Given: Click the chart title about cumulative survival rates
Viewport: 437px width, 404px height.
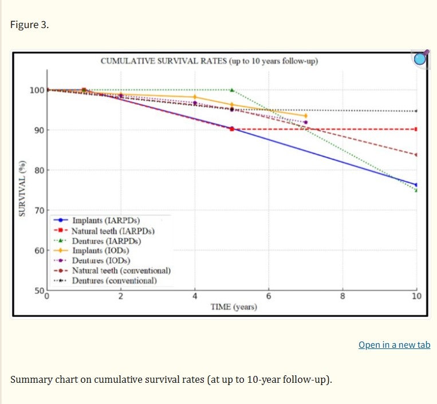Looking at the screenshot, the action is click(209, 61).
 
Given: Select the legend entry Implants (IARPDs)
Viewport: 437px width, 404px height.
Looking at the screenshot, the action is click(97, 220).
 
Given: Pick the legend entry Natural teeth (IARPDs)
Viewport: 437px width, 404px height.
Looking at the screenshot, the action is click(104, 231).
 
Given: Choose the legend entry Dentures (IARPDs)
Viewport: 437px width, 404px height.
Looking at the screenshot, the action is click(97, 241).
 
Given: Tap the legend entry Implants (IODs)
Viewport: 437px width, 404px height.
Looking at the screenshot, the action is click(92, 250).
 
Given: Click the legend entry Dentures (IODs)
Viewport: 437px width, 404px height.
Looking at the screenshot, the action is click(92, 260).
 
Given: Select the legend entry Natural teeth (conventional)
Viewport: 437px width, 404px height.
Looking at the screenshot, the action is click(112, 270).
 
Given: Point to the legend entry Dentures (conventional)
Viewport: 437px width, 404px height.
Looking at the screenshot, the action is click(105, 280).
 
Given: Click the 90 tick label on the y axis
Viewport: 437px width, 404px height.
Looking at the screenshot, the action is click(40, 130).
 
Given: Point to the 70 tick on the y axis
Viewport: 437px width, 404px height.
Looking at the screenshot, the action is click(40, 210).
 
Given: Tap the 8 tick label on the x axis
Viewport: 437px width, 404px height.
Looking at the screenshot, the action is click(342, 296).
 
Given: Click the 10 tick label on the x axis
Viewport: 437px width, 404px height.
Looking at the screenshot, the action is click(416, 296).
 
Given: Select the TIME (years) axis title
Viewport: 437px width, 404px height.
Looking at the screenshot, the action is click(234, 307).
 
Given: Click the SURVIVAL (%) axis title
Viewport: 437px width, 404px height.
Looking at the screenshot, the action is click(22, 189).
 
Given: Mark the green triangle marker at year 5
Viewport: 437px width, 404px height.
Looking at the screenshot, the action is click(232, 90).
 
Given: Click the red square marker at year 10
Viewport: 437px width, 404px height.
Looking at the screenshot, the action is click(416, 129).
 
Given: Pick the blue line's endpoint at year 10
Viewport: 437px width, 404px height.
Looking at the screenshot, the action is click(416, 185).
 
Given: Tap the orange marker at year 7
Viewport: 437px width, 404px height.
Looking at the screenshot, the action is click(306, 116).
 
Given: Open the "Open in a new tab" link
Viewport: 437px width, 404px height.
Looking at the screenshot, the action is click(395, 345).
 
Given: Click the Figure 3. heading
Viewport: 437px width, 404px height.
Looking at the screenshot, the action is click(30, 25).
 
